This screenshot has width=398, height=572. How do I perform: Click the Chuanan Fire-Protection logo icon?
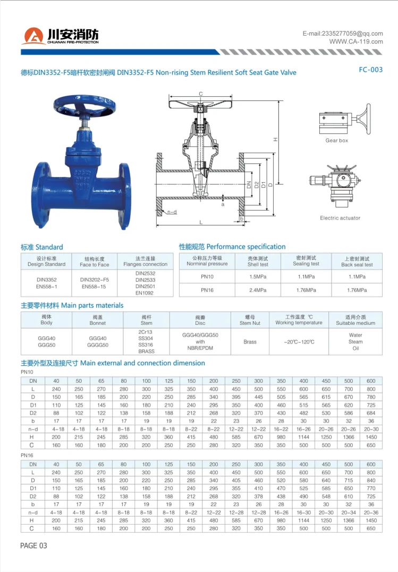point(33,36)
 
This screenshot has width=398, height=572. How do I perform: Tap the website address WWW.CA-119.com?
point(356,41)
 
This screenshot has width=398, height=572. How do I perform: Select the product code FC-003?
point(371,70)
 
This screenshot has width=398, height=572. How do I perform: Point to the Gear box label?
point(337,140)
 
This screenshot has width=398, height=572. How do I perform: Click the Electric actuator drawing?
point(335,186)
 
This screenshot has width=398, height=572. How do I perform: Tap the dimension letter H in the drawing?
point(276,139)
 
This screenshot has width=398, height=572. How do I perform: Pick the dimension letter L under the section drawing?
point(201,222)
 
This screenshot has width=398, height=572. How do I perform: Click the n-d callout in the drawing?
point(172,212)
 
